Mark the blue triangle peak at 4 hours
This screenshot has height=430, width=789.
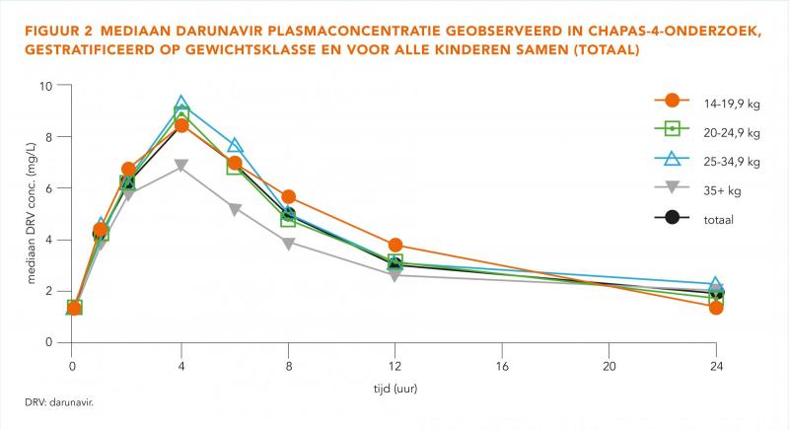tap(181, 105)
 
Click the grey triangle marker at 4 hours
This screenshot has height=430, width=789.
tap(181, 166)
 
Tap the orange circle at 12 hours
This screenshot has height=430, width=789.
tap(395, 245)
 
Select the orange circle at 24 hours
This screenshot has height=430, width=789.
tap(716, 308)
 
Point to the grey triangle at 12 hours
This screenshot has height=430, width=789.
tap(395, 275)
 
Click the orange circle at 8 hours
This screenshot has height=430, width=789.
tap(288, 197)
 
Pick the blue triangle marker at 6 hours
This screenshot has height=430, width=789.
tap(235, 146)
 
